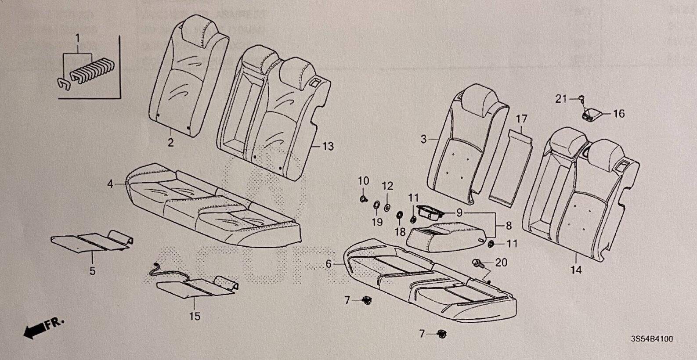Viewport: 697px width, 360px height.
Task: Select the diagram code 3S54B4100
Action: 652,339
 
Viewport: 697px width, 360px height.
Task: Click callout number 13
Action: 328,146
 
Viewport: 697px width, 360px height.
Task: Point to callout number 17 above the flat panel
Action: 521,119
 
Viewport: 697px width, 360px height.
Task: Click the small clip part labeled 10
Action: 363,199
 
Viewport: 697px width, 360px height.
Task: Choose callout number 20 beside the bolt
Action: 501,263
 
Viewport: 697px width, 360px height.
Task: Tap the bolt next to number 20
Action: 478,263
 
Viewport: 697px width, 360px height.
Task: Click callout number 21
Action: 561,100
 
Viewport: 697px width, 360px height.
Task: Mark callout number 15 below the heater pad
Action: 195,316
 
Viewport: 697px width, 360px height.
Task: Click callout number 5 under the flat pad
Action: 92,271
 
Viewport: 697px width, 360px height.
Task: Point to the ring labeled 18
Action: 400,215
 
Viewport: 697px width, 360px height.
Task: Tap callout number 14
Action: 576,270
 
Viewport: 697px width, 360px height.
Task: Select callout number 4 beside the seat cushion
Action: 110,185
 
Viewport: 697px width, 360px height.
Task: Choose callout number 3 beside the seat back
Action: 423,140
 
